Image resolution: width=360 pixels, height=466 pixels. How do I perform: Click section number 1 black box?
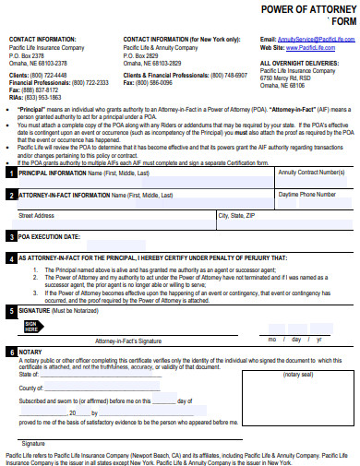click(10, 173)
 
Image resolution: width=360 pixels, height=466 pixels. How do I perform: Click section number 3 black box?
click(10, 236)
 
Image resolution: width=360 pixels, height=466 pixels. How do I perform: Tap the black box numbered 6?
click(10, 352)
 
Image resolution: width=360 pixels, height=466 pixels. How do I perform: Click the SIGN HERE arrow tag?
click(30, 326)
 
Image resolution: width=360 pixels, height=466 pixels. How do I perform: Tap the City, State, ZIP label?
click(235, 217)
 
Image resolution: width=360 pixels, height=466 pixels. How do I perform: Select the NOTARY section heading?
click(30, 352)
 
